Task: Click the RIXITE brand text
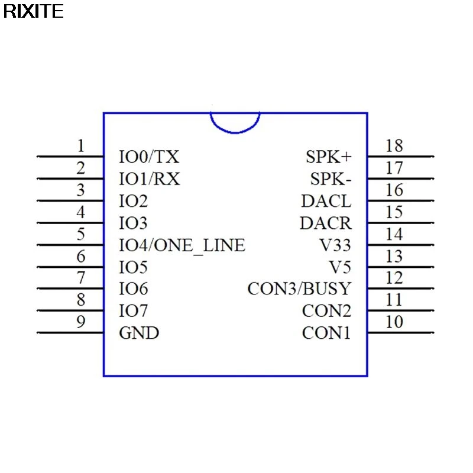coord(33,11)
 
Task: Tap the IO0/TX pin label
coord(149,157)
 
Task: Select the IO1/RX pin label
coord(150,179)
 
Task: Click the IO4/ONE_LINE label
coord(182,245)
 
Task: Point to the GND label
coord(139,333)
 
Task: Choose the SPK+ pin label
coord(328,157)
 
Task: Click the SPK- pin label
coord(331,179)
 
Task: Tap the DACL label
coord(326,201)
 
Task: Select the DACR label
coord(325,223)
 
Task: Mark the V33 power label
coord(335,245)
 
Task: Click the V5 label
coord(340,267)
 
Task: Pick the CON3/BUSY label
coord(299,289)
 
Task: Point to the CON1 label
coord(326,333)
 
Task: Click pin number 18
coord(394,145)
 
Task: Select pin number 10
coord(394,322)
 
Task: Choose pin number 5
coord(81,234)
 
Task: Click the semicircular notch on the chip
coord(235,122)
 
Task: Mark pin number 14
coord(394,234)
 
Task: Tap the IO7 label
coord(134,311)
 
